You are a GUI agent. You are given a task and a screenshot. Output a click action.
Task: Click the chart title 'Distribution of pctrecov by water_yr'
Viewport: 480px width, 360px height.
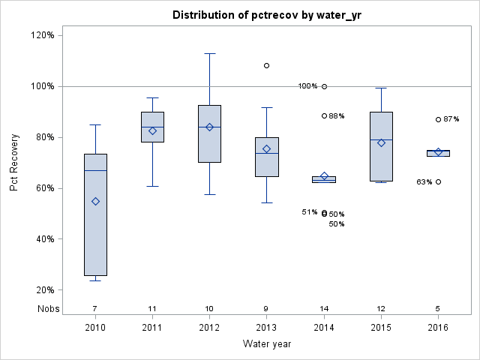tap(266, 15)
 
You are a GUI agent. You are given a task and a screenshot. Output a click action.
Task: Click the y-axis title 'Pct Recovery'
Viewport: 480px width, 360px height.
tap(15, 163)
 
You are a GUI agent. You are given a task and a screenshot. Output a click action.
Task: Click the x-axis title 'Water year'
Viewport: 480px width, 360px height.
tap(266, 343)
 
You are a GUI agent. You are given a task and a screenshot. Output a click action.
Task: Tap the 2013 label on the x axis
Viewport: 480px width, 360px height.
tap(266, 328)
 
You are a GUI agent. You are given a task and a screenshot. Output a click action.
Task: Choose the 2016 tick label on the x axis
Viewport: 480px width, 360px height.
tap(438, 328)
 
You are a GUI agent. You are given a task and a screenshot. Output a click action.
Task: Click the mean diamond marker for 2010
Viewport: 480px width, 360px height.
tap(95, 201)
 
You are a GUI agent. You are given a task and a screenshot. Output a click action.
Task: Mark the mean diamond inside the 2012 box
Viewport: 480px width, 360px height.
tap(210, 127)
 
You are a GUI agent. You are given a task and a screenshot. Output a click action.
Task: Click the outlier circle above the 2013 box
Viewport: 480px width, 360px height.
tap(266, 65)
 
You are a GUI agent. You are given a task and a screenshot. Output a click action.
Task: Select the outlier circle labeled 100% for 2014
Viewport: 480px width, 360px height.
tap(324, 86)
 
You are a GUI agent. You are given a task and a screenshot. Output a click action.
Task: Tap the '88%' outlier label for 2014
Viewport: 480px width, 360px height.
tap(337, 116)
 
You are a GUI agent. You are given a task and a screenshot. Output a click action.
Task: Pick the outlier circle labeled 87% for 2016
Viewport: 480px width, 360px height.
tap(438, 119)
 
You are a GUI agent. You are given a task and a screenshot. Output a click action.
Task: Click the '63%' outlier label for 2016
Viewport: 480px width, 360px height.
tap(424, 182)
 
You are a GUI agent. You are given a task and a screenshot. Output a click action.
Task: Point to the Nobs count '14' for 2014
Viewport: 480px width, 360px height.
tap(324, 309)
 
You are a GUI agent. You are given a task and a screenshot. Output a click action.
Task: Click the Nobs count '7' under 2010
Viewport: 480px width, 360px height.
tap(95, 309)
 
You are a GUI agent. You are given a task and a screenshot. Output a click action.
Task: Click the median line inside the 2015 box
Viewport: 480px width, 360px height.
tap(381, 139)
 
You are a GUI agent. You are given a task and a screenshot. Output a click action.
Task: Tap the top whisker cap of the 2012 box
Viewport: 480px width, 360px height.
tap(210, 53)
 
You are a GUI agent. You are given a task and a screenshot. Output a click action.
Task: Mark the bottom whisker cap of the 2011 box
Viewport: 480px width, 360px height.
tap(152, 186)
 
